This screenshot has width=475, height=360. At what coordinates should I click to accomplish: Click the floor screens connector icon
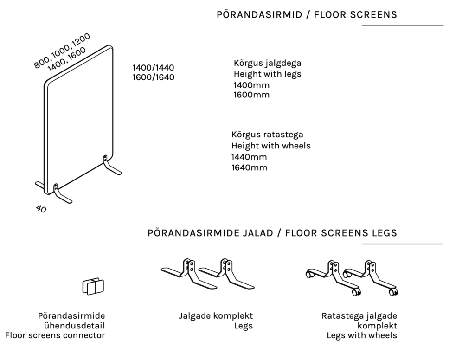click(93, 286)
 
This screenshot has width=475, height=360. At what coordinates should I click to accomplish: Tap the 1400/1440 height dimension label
click(154, 67)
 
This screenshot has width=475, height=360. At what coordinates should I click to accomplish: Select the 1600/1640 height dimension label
click(154, 77)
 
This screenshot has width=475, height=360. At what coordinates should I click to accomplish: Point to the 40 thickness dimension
click(41, 209)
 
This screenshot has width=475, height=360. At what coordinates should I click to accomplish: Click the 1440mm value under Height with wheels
click(249, 157)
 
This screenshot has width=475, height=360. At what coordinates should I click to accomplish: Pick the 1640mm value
click(249, 167)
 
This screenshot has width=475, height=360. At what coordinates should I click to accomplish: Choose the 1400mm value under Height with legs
click(251, 85)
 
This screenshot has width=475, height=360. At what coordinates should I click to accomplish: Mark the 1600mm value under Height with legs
click(251, 95)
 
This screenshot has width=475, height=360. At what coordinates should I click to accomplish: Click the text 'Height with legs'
click(268, 74)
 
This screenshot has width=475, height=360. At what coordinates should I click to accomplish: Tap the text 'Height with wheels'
click(271, 146)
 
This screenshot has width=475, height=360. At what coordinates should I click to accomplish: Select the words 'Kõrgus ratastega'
click(267, 135)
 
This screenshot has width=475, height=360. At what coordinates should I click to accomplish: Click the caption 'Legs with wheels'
click(362, 335)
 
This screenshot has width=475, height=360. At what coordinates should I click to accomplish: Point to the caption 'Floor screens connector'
click(55, 335)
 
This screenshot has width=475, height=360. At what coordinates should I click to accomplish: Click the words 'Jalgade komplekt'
click(216, 316)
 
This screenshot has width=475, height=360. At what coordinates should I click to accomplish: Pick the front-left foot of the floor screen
click(62, 196)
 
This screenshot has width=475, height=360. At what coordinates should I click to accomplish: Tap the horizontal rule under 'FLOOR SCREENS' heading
click(402, 26)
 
